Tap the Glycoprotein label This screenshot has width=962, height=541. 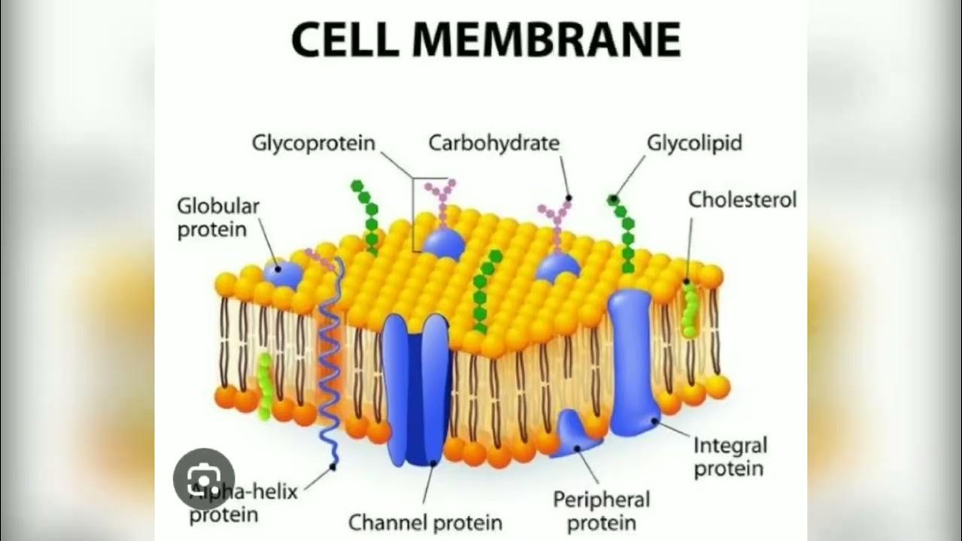click(313, 143)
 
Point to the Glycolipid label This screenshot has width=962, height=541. click(694, 143)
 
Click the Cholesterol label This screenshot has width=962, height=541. click(742, 200)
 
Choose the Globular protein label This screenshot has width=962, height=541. click(218, 217)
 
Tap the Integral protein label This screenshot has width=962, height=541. click(729, 457)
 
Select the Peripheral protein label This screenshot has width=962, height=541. click(601, 510)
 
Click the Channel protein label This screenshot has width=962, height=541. click(425, 521)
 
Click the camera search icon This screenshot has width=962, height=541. click(204, 478)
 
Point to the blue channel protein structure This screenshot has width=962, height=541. click(416, 391)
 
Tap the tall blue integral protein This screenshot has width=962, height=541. click(632, 361)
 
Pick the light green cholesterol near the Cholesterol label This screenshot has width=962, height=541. click(689, 312)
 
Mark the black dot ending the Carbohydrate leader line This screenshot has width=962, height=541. click(569, 198)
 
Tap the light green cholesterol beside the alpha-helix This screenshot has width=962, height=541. click(265, 387)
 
